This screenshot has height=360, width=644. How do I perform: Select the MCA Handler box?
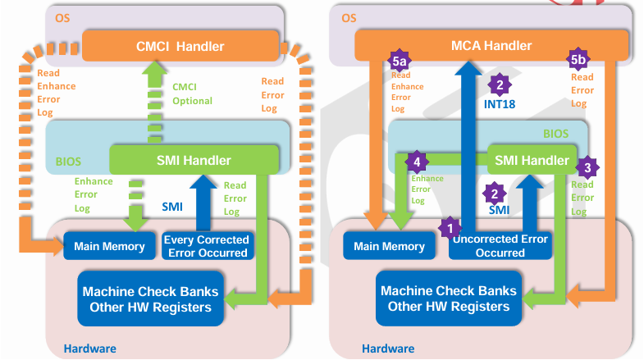491,45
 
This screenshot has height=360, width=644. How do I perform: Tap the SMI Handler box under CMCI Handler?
195,160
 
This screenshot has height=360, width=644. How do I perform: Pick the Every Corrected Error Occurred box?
207,246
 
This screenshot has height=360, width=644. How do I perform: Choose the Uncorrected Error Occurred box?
500,246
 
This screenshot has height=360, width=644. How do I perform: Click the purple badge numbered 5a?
400,62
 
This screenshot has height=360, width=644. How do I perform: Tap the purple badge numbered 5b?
578,60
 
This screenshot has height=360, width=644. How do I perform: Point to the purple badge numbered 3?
587,167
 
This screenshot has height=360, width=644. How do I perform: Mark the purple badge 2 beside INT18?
498,84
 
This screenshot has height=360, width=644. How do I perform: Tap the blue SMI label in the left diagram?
172,206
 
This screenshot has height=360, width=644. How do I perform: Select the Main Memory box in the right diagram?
390,246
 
